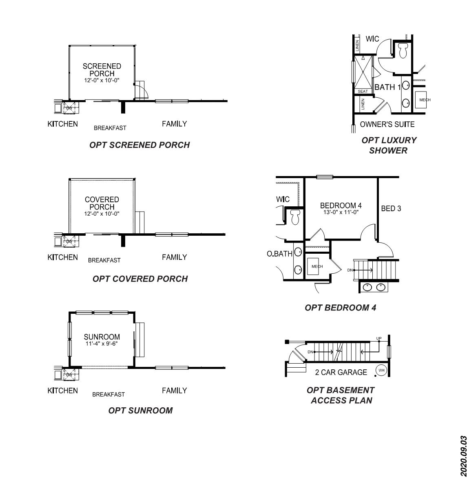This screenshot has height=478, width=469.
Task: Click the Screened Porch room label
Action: pos(102,69)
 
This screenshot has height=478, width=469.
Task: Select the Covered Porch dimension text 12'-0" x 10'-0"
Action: pos(102,214)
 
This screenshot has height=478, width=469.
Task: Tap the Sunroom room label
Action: pos(102,337)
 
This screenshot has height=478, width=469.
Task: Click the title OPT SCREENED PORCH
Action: pos(139,145)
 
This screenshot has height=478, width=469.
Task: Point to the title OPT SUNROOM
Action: pos(140,411)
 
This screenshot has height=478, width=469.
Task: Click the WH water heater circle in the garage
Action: pos(381,371)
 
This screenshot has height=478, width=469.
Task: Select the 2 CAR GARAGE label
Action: pos(341,372)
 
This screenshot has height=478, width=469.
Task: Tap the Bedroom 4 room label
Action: pos(341,205)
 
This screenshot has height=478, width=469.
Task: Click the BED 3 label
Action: pos(391,209)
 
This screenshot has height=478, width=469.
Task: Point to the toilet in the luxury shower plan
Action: pos(403,50)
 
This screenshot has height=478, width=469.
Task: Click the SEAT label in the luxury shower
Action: pos(363,91)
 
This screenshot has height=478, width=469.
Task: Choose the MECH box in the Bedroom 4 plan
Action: pos(317,267)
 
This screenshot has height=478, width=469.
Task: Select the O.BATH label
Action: pos(279,254)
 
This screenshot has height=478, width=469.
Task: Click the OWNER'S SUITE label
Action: pos(387,125)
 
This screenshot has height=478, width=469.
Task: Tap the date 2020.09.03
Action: pos(463,456)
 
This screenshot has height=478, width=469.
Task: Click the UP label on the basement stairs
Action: pos(379,339)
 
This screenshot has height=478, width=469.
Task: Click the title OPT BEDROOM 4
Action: pos(340,308)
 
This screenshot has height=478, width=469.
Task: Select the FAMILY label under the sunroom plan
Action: pos(174,391)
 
